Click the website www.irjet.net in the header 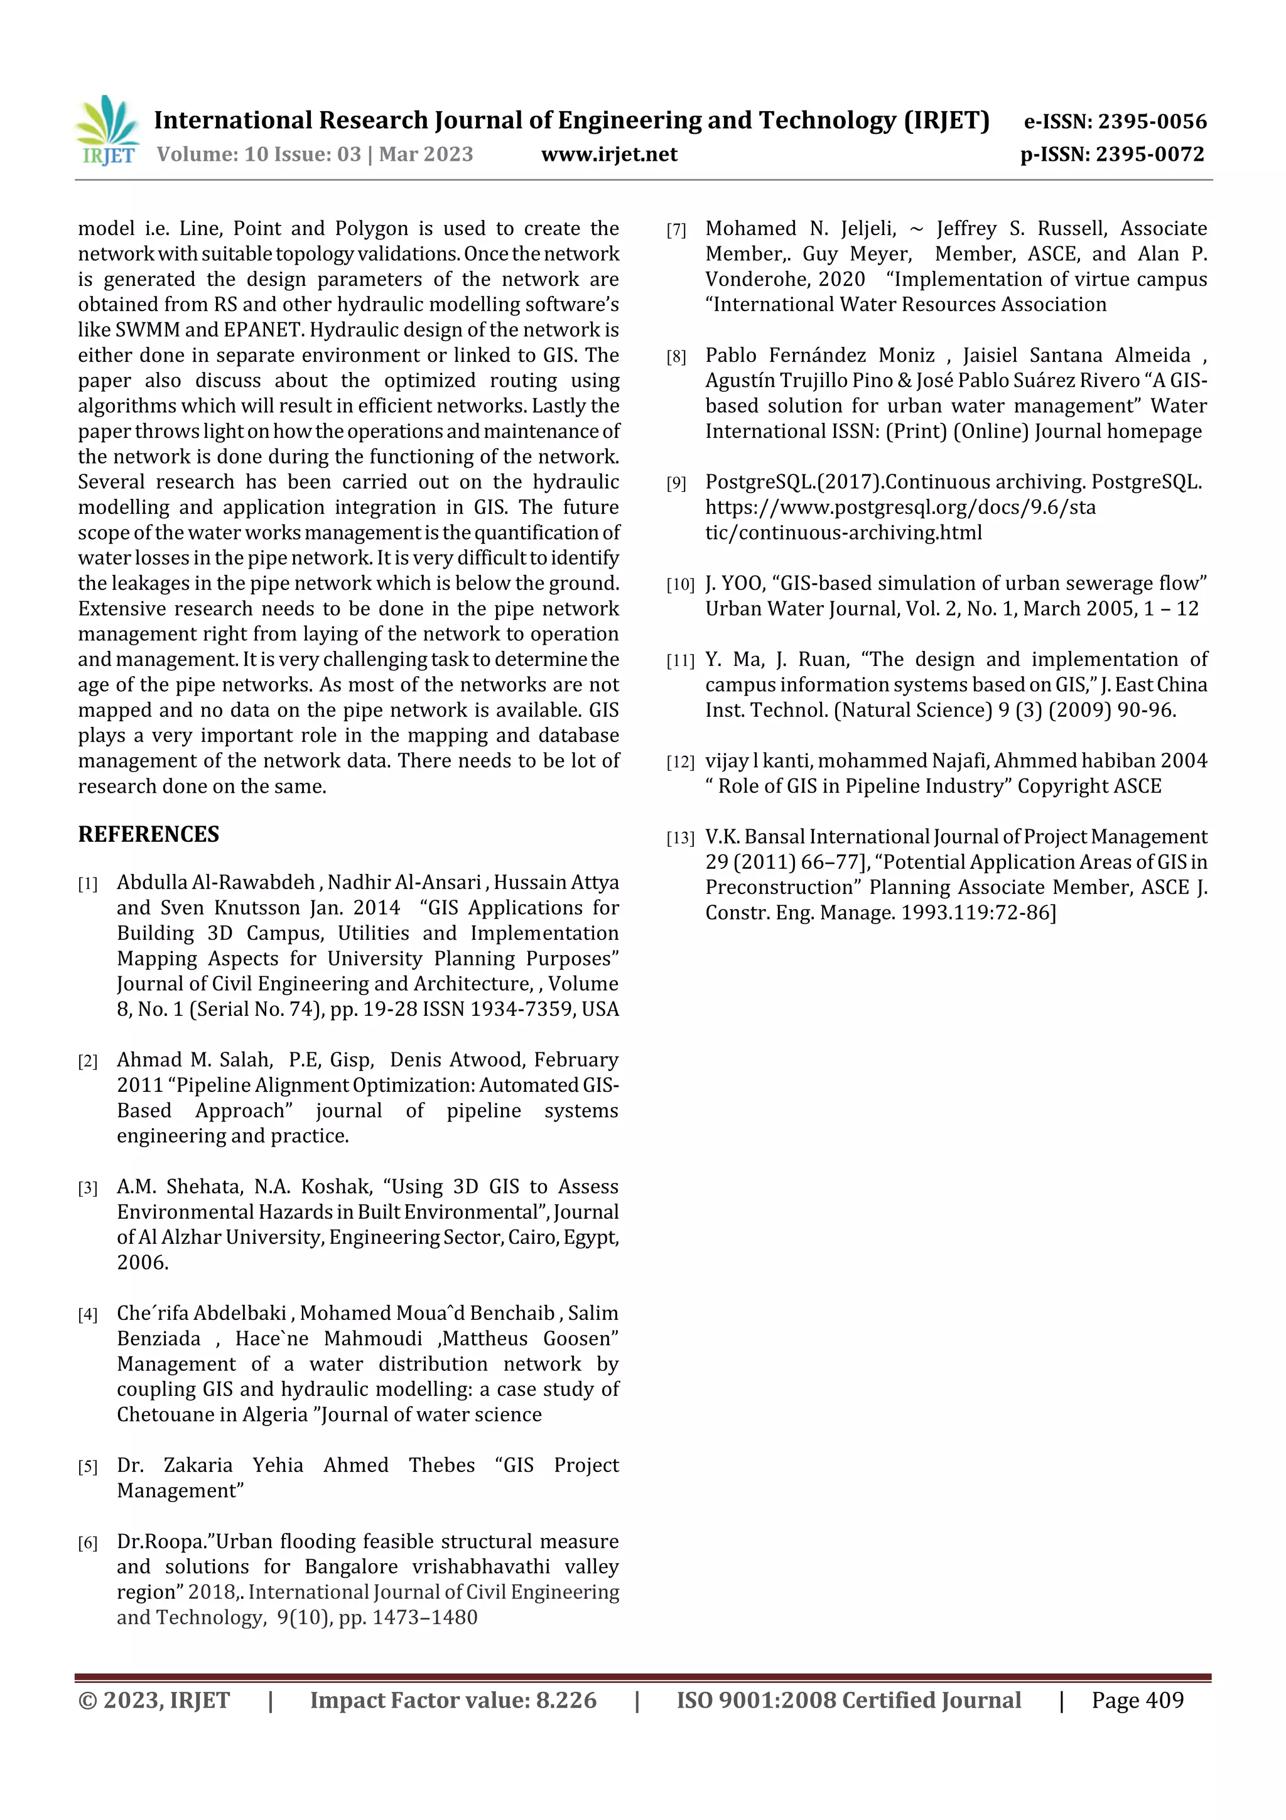pos(608,155)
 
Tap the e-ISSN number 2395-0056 pos(1151,121)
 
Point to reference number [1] pos(88,884)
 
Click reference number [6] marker pos(88,1544)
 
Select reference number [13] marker pos(680,839)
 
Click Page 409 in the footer pos(1137,1699)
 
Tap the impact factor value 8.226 pos(566,1699)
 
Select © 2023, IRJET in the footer pos(154,1699)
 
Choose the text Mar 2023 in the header pos(426,155)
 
